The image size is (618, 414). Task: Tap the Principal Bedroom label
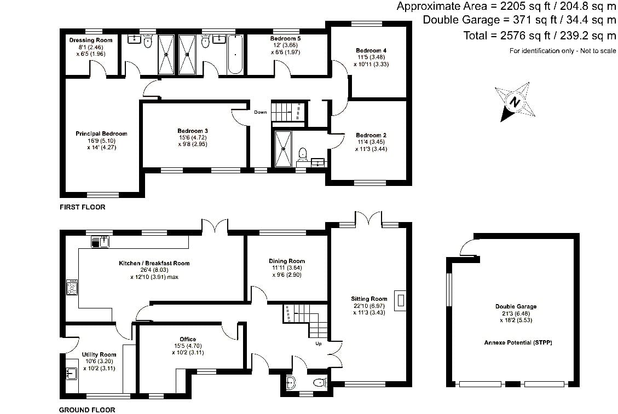tap(101, 133)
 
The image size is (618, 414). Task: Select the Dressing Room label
tap(91, 40)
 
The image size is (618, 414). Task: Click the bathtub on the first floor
tap(235, 54)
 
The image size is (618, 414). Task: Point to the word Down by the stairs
tap(260, 112)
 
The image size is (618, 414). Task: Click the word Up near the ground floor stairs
tap(319, 343)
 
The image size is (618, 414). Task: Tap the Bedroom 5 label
tap(285, 39)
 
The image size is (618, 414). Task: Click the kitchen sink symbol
tap(100, 242)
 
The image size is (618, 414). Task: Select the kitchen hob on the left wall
tap(72, 287)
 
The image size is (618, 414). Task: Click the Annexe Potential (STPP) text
tap(518, 343)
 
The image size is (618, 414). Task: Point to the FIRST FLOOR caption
tap(82, 207)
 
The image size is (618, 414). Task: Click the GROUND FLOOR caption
tap(87, 410)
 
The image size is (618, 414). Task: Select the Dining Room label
tap(286, 261)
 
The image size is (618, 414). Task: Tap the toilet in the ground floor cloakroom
tap(320, 382)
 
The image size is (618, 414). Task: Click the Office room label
tap(188, 339)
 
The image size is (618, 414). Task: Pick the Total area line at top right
tap(540, 36)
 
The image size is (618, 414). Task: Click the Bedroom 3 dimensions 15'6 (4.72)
tap(192, 137)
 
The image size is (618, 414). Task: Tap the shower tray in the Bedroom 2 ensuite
tap(283, 149)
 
